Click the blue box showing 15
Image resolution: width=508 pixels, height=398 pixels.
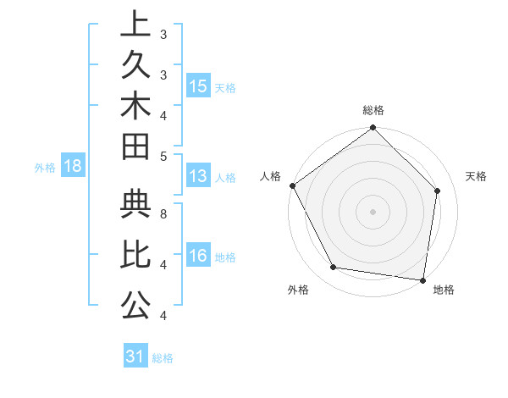coord(198,86)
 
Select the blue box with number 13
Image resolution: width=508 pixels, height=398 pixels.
coord(198,176)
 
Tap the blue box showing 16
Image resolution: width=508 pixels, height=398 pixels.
coord(198,257)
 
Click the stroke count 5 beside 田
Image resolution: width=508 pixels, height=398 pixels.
coord(163,156)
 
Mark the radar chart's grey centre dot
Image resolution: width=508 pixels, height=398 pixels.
coord(373,211)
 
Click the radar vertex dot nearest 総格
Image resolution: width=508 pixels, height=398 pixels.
coord(373,129)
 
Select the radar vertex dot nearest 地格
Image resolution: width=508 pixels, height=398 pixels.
coord(423,279)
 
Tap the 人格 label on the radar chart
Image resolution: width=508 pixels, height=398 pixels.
coord(272,176)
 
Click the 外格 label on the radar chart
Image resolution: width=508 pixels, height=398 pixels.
coord(297,290)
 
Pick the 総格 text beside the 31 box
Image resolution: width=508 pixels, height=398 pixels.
coord(163,358)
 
